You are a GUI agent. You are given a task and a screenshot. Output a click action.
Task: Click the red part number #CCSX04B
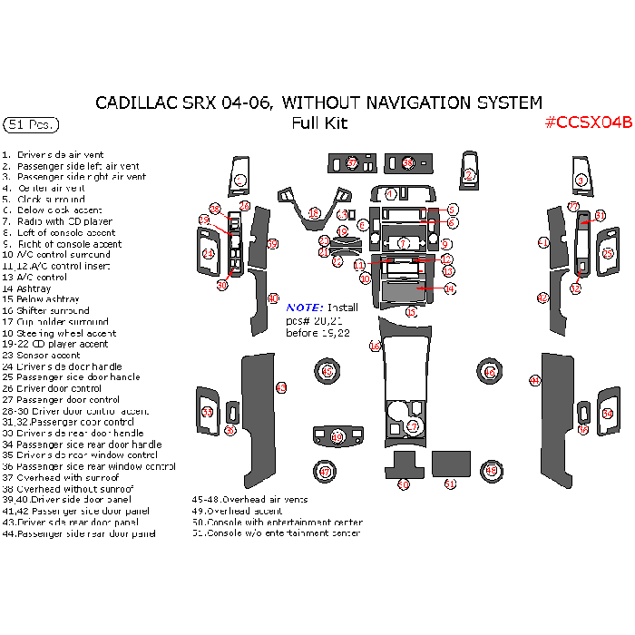(587, 123)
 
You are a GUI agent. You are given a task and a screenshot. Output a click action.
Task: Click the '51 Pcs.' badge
(32, 123)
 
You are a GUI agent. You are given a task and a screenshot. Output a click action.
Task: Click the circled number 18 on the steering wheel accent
(314, 213)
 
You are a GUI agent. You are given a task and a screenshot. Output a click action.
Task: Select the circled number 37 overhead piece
(351, 163)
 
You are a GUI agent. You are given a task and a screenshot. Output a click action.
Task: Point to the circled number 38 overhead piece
(407, 163)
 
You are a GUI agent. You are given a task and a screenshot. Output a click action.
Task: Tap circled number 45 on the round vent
(327, 371)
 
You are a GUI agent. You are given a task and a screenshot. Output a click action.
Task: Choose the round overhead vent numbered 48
(491, 471)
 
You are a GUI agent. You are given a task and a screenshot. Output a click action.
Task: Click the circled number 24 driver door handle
(208, 254)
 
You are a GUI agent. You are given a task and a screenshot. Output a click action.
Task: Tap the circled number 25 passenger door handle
(607, 253)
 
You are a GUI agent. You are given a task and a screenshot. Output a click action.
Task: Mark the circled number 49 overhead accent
(337, 437)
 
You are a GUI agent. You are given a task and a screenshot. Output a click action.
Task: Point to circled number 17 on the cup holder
(413, 425)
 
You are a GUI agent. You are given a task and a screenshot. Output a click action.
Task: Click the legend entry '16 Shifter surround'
(46, 310)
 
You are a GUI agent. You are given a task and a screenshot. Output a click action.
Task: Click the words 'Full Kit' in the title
(319, 123)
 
